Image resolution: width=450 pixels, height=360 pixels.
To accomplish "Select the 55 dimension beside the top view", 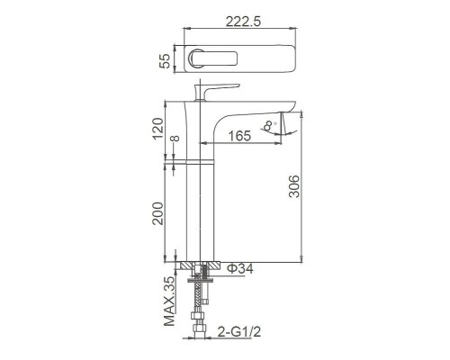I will (164, 60).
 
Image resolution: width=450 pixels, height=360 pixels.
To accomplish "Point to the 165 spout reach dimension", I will (238, 136).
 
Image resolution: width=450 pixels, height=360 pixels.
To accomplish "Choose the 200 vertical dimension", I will (158, 213).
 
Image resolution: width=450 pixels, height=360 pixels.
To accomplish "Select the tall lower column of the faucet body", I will (201, 212).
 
